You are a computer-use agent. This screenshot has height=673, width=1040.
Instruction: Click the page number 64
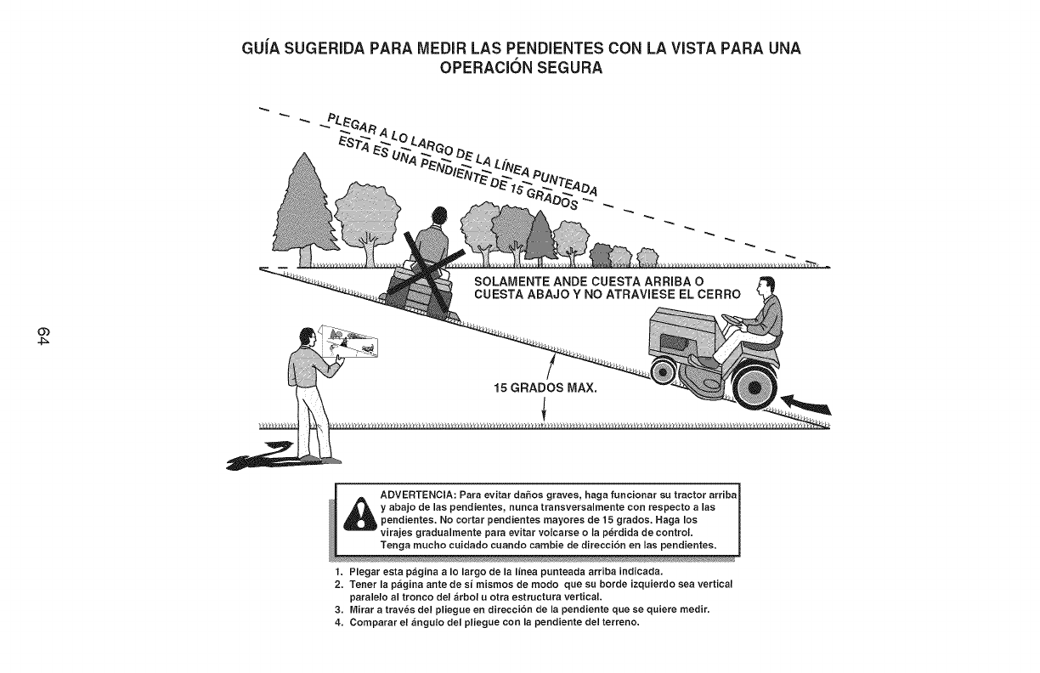[x=42, y=336]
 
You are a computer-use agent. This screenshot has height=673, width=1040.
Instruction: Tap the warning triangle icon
[x=360, y=514]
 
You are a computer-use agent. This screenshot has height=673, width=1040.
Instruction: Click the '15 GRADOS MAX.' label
[x=545, y=387]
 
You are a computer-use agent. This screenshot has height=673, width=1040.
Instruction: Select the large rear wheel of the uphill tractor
[x=755, y=387]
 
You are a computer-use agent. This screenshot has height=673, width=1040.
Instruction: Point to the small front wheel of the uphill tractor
[x=663, y=372]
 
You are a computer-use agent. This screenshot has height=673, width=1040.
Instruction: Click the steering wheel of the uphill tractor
[x=733, y=320]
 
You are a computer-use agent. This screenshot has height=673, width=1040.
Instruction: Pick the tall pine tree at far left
[x=304, y=210]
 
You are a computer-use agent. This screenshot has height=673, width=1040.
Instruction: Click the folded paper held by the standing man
[x=348, y=342]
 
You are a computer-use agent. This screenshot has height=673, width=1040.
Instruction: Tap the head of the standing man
[x=307, y=336]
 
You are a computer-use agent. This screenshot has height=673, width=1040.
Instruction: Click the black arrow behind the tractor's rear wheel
[x=806, y=404]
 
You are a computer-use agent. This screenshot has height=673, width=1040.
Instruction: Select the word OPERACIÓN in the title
[x=485, y=67]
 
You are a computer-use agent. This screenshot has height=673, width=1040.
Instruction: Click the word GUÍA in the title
[x=260, y=48]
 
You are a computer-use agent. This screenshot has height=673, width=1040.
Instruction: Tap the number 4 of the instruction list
[x=338, y=622]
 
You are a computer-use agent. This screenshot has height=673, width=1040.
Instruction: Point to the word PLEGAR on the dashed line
[x=352, y=126]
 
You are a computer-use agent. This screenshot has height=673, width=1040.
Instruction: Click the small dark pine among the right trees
[x=540, y=237]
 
